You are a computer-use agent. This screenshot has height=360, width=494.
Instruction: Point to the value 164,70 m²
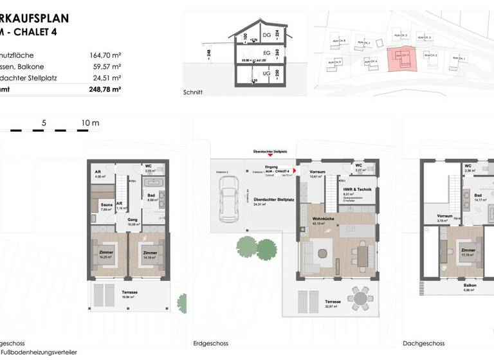(105, 55)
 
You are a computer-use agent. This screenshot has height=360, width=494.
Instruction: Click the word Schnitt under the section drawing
(192, 93)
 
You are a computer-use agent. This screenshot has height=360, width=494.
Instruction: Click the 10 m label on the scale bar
(90, 122)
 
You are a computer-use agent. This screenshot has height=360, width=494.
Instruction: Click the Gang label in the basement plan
(133, 220)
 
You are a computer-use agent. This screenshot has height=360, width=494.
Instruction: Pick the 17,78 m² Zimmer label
(468, 251)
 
